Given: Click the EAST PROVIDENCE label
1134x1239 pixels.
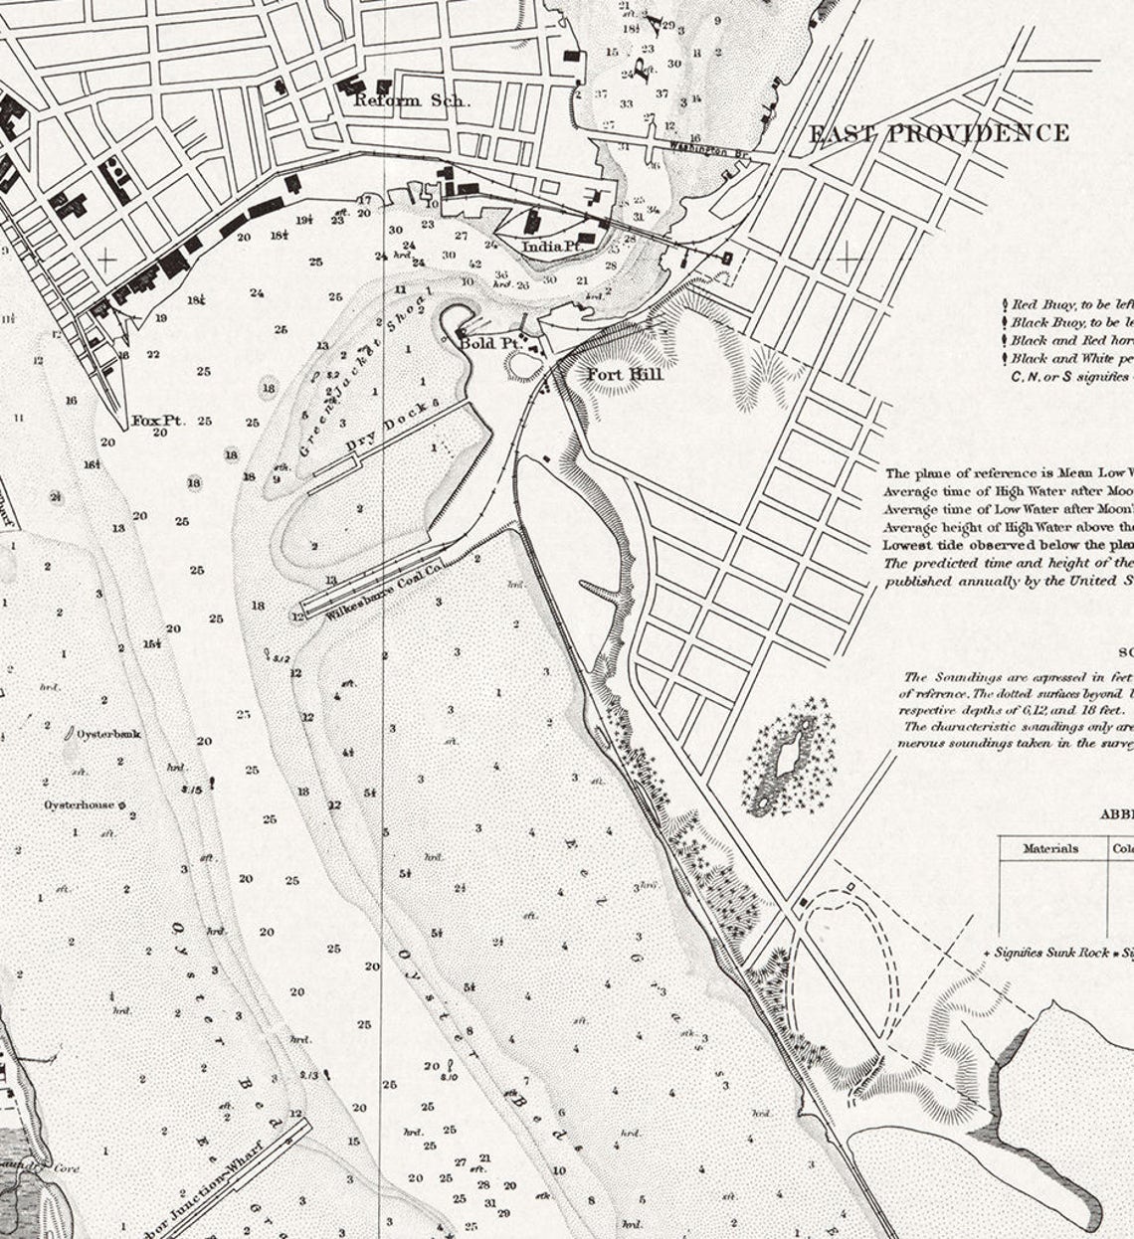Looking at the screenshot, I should [939, 133].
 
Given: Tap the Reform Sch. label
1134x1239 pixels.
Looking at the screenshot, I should [412, 100].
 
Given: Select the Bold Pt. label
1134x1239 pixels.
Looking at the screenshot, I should [489, 343].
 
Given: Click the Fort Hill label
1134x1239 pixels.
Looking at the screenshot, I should [624, 374].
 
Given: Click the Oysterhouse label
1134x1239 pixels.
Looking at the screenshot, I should [79, 804].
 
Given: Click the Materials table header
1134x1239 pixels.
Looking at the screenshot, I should [1050, 848].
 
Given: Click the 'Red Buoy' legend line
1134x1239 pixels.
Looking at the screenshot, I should [1069, 305].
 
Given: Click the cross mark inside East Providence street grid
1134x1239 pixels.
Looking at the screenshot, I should [849, 260].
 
